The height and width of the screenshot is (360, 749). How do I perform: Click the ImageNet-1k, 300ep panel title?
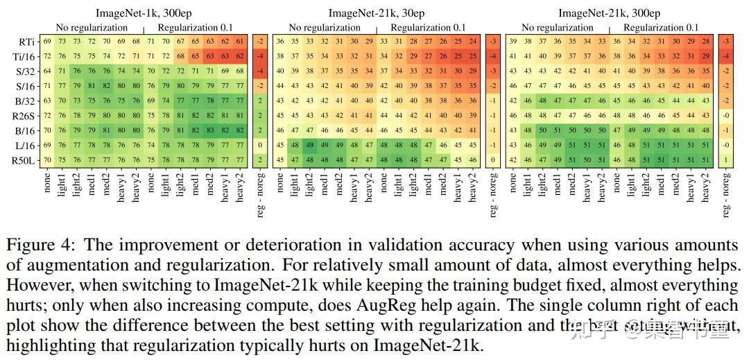pyautogui.click(x=144, y=13)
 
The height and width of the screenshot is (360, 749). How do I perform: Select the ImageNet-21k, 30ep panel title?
pyautogui.click(x=377, y=13)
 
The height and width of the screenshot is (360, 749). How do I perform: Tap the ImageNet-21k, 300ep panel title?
pyautogui.click(x=609, y=13)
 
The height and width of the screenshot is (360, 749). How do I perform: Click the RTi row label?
pyautogui.click(x=28, y=42)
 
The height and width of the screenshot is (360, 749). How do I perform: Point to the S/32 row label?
pyautogui.click(x=26, y=71)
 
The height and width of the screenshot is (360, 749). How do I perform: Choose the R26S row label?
pyautogui.click(x=25, y=115)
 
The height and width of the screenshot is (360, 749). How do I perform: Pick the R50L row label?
pyautogui.click(x=25, y=159)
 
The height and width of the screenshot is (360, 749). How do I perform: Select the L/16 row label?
pyautogui.click(x=26, y=144)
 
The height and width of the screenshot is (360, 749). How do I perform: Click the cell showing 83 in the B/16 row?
pyautogui.click(x=210, y=130)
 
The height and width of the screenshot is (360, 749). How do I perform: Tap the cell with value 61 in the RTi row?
pyautogui.click(x=240, y=42)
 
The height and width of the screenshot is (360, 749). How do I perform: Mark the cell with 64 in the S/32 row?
pyautogui.click(x=48, y=71)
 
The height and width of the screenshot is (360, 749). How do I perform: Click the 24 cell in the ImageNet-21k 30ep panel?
pyautogui.click(x=472, y=42)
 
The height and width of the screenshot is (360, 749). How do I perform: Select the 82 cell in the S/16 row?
pyautogui.click(x=106, y=86)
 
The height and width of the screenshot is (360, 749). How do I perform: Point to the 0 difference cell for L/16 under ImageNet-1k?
pyautogui.click(x=259, y=144)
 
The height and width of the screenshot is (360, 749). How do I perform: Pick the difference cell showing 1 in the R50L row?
pyautogui.click(x=725, y=159)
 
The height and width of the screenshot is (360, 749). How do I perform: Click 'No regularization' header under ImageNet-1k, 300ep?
pyautogui.click(x=92, y=28)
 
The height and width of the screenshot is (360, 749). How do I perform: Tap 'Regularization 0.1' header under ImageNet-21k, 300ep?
pyautogui.click(x=660, y=28)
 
